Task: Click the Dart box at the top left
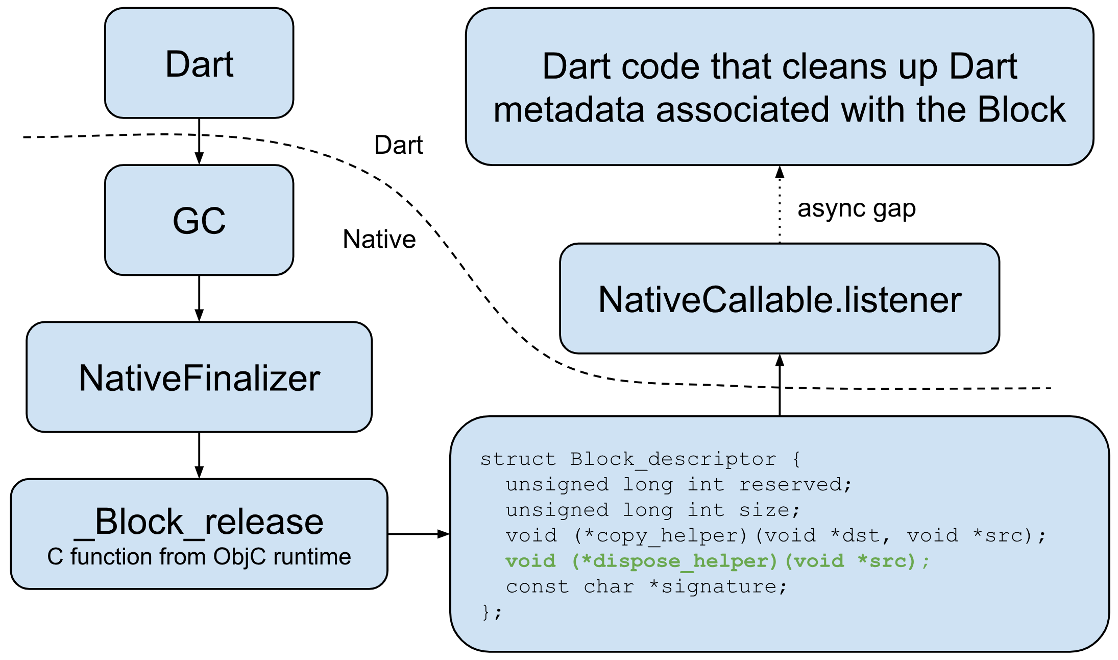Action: click(x=199, y=64)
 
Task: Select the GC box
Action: click(x=199, y=221)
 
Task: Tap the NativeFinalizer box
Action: click(x=199, y=378)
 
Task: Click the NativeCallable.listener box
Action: click(x=780, y=299)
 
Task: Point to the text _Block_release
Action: click(x=199, y=522)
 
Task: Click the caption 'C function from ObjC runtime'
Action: click(x=199, y=557)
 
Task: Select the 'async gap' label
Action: click(x=857, y=208)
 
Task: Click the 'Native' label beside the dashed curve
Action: click(x=379, y=239)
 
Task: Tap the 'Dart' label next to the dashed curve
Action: click(x=398, y=145)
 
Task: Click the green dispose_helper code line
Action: click(x=717, y=561)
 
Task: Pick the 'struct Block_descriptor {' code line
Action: click(x=640, y=459)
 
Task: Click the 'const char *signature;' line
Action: click(x=646, y=586)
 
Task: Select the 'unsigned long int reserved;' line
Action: click(x=678, y=484)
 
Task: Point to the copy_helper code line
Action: click(x=775, y=535)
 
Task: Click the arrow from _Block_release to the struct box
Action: click(x=418, y=534)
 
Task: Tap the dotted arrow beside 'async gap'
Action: click(x=780, y=204)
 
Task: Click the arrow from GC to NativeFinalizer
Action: click(x=199, y=298)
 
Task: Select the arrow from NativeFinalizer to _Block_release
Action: click(x=199, y=455)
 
